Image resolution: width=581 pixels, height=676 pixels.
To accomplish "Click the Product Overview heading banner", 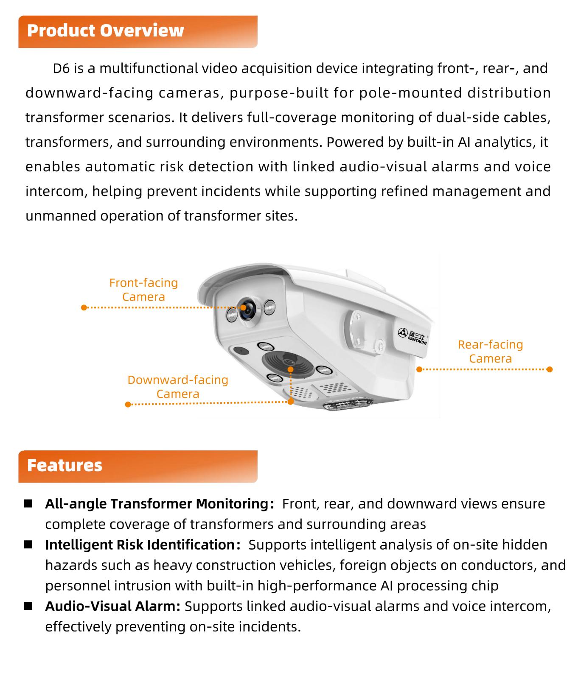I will point(138,31).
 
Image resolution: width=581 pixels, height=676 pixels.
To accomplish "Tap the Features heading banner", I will point(138,466).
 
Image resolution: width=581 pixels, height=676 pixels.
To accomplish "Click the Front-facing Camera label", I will point(143,290).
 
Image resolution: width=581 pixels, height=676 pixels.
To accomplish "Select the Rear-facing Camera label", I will point(490,352).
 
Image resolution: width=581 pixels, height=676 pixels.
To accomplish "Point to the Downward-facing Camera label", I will point(178,387).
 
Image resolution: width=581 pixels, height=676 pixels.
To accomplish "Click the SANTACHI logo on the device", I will point(413,335).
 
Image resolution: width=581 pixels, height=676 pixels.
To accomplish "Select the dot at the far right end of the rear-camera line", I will point(550,369).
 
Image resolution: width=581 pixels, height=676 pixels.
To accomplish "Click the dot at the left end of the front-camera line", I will point(84,307).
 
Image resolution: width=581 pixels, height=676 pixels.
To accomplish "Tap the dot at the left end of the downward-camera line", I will point(128,405).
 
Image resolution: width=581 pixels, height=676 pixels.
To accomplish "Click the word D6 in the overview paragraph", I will point(61,69).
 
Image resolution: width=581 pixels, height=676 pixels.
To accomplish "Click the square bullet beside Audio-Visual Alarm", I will point(28,606).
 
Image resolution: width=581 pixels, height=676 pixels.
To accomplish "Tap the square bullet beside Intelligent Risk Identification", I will point(28,545).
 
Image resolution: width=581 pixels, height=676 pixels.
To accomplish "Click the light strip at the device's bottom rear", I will point(348,404).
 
